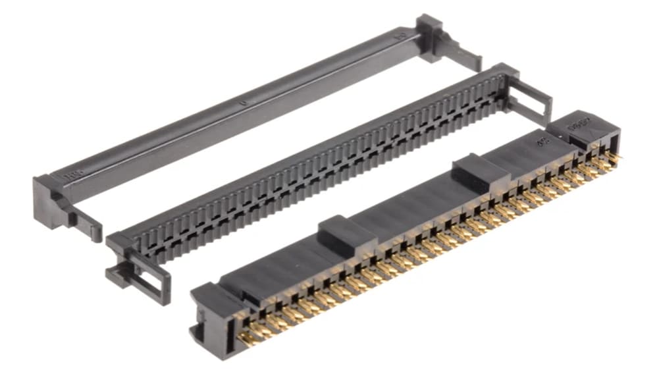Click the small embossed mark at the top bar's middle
244,103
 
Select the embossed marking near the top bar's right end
399,37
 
